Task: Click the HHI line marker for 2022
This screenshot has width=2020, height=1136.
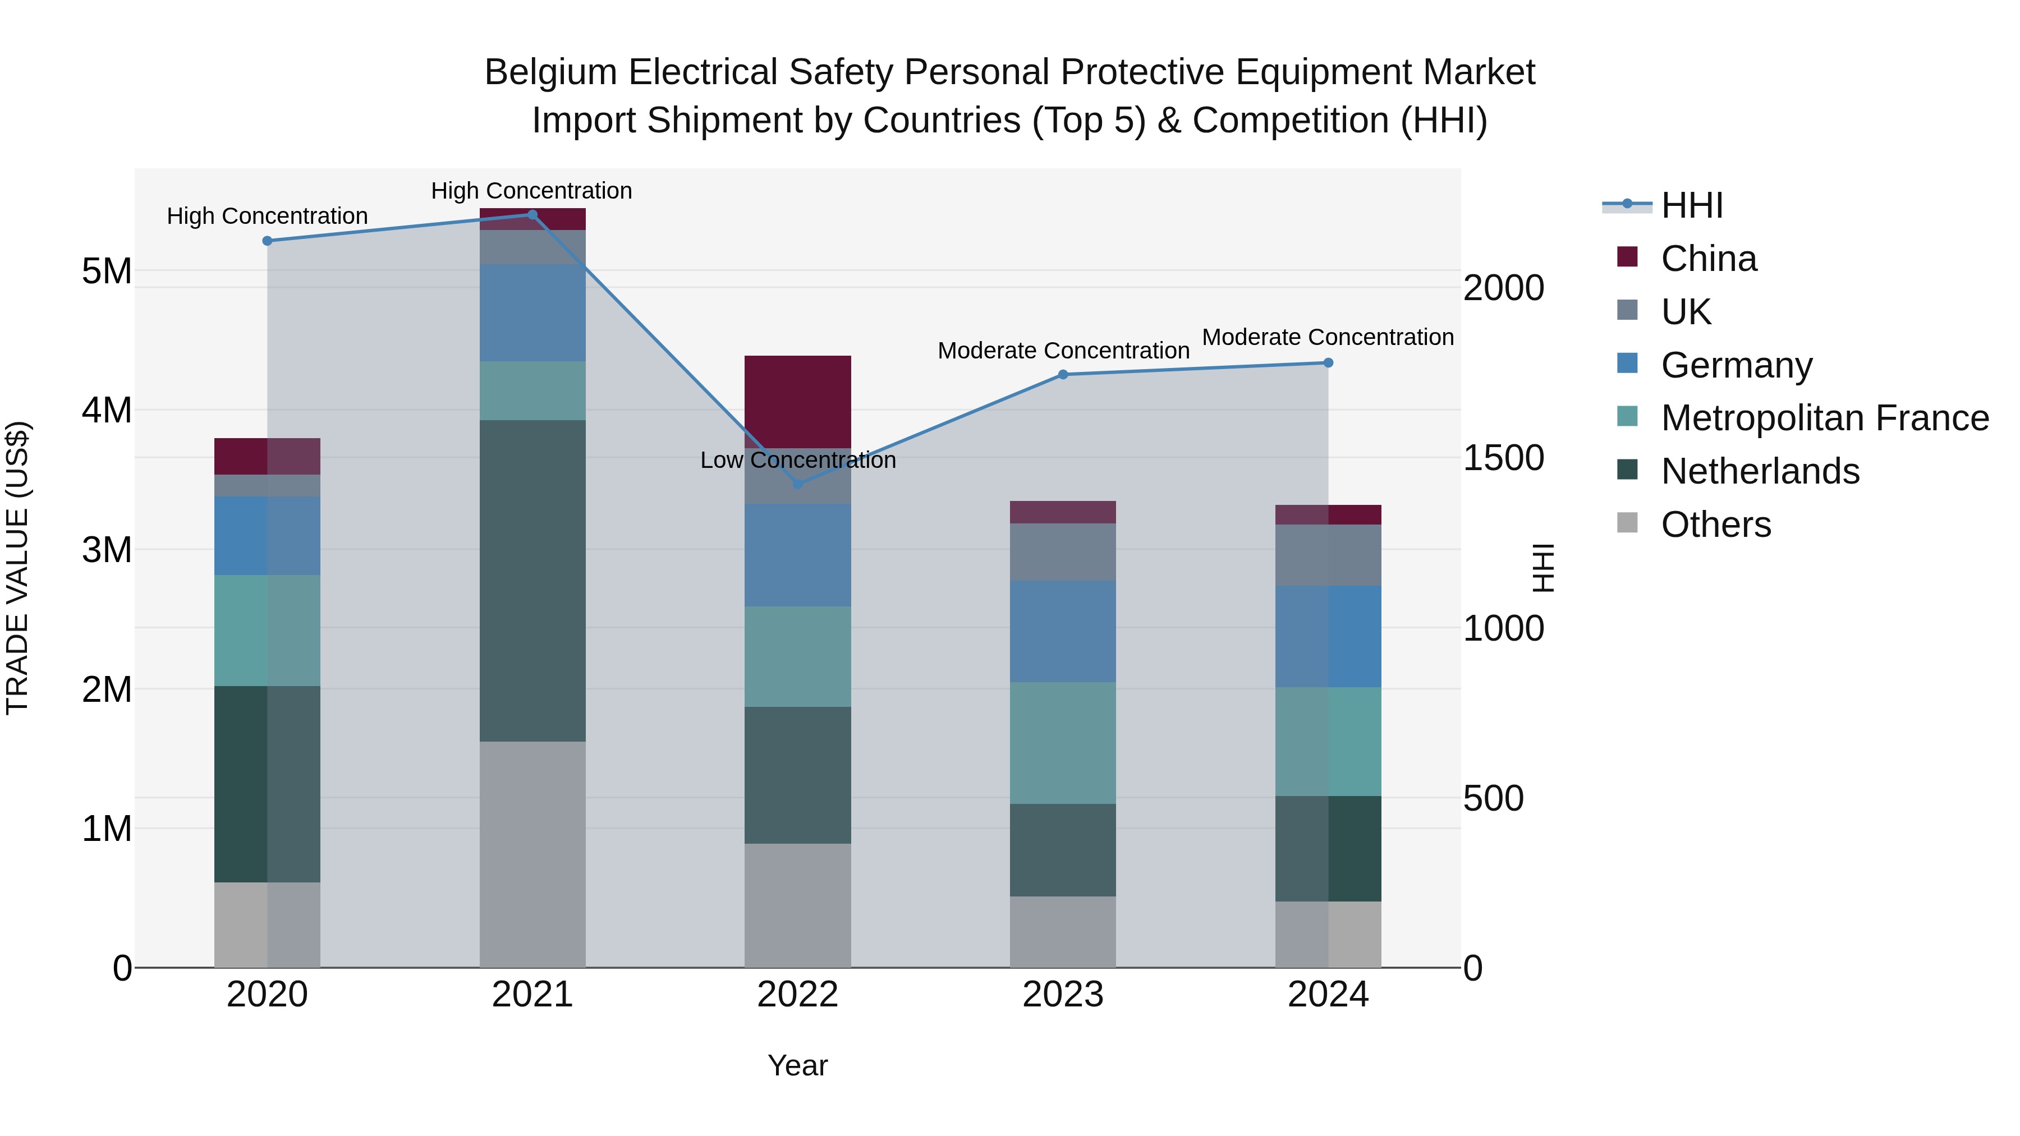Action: (797, 484)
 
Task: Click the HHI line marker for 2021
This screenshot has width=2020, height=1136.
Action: (532, 215)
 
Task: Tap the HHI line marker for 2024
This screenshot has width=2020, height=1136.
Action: (1328, 363)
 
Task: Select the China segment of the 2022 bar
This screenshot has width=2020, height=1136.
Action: (797, 402)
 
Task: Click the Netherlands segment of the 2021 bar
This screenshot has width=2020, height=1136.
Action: (532, 580)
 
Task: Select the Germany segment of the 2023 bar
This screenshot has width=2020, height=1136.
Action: (1063, 631)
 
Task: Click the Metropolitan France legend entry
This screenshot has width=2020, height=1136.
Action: (1824, 418)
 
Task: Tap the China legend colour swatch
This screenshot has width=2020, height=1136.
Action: (1627, 257)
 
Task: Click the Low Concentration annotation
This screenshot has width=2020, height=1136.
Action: (797, 460)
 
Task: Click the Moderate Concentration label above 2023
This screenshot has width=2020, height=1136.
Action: (1063, 351)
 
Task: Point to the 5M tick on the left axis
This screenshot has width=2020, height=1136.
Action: (107, 272)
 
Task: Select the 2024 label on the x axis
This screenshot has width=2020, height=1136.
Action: (1328, 995)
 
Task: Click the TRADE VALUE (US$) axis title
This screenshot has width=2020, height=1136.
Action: (17, 568)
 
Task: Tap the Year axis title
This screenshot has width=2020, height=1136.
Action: (797, 1065)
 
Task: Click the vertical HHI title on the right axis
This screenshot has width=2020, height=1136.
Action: (1542, 568)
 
